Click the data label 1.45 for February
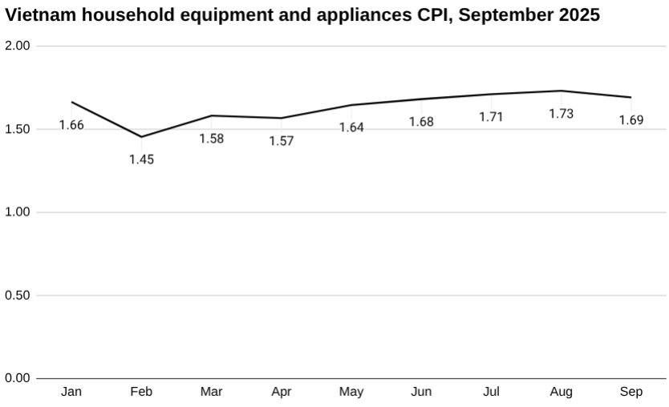pos(141,159)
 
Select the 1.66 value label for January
pos(71,125)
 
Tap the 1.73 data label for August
pos(561,114)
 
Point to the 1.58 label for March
pos(211,139)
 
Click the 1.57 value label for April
pos(282,141)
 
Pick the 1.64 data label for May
pos(351,127)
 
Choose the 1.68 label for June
pos(421,122)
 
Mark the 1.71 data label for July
pos(491,117)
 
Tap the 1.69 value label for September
pos(630,120)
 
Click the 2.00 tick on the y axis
pos(17,46)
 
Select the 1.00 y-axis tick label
pos(17,212)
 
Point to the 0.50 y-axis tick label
pos(17,296)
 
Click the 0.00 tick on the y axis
pos(17,378)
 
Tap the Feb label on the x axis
pos(141,392)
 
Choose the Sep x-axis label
pos(630,392)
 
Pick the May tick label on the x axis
pos(351,392)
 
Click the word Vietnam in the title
pos(39,15)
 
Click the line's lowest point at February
pos(141,137)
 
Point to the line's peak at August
pos(561,91)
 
